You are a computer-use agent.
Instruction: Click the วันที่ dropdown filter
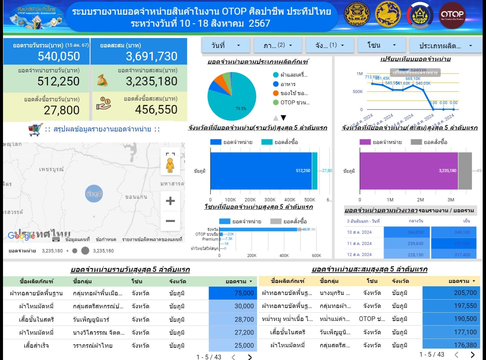coord(226,45)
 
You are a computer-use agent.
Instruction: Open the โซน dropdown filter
coord(381,45)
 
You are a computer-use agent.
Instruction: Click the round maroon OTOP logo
coord(452,15)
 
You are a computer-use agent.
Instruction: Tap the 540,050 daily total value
coord(59,56)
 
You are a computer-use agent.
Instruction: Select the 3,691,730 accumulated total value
coord(151,56)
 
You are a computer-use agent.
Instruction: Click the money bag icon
coord(102,80)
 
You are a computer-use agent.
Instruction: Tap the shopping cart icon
coord(36,129)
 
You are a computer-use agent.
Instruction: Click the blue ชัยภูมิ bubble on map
coord(94,194)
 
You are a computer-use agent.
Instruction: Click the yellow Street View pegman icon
coord(170,165)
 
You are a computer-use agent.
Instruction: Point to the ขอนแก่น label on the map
coord(136,197)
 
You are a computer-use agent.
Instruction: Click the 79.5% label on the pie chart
coord(241,108)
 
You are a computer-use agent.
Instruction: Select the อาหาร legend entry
coord(287,84)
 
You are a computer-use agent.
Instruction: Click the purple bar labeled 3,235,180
coord(408,170)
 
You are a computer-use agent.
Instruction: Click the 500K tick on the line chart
coord(357,91)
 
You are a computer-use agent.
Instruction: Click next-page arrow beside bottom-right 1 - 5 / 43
coord(472,354)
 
